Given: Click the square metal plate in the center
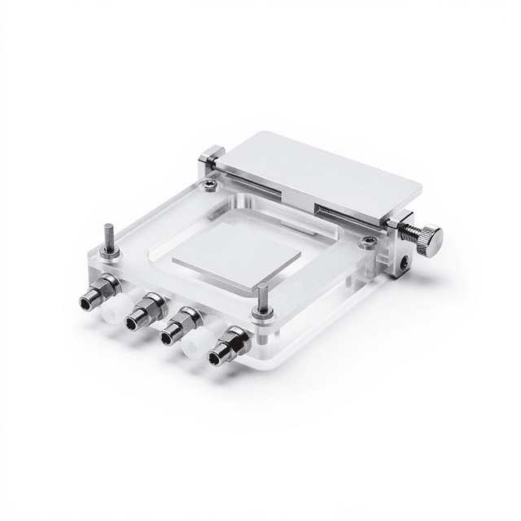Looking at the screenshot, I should point(236,256).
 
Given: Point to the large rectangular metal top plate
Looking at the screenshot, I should point(317,175).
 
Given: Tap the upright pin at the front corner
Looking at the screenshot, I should point(262,298).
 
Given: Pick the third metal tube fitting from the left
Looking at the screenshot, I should point(182,326).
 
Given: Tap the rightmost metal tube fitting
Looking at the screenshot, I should point(230,346).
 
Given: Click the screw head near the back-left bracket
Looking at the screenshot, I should point(210,186).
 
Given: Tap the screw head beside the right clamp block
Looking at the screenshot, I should point(369,242).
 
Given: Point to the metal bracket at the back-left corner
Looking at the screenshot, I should point(211,158).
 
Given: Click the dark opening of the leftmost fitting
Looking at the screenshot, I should point(85,304).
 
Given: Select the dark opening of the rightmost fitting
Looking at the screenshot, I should point(216,358).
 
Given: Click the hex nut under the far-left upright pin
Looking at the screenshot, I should point(110,253).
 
